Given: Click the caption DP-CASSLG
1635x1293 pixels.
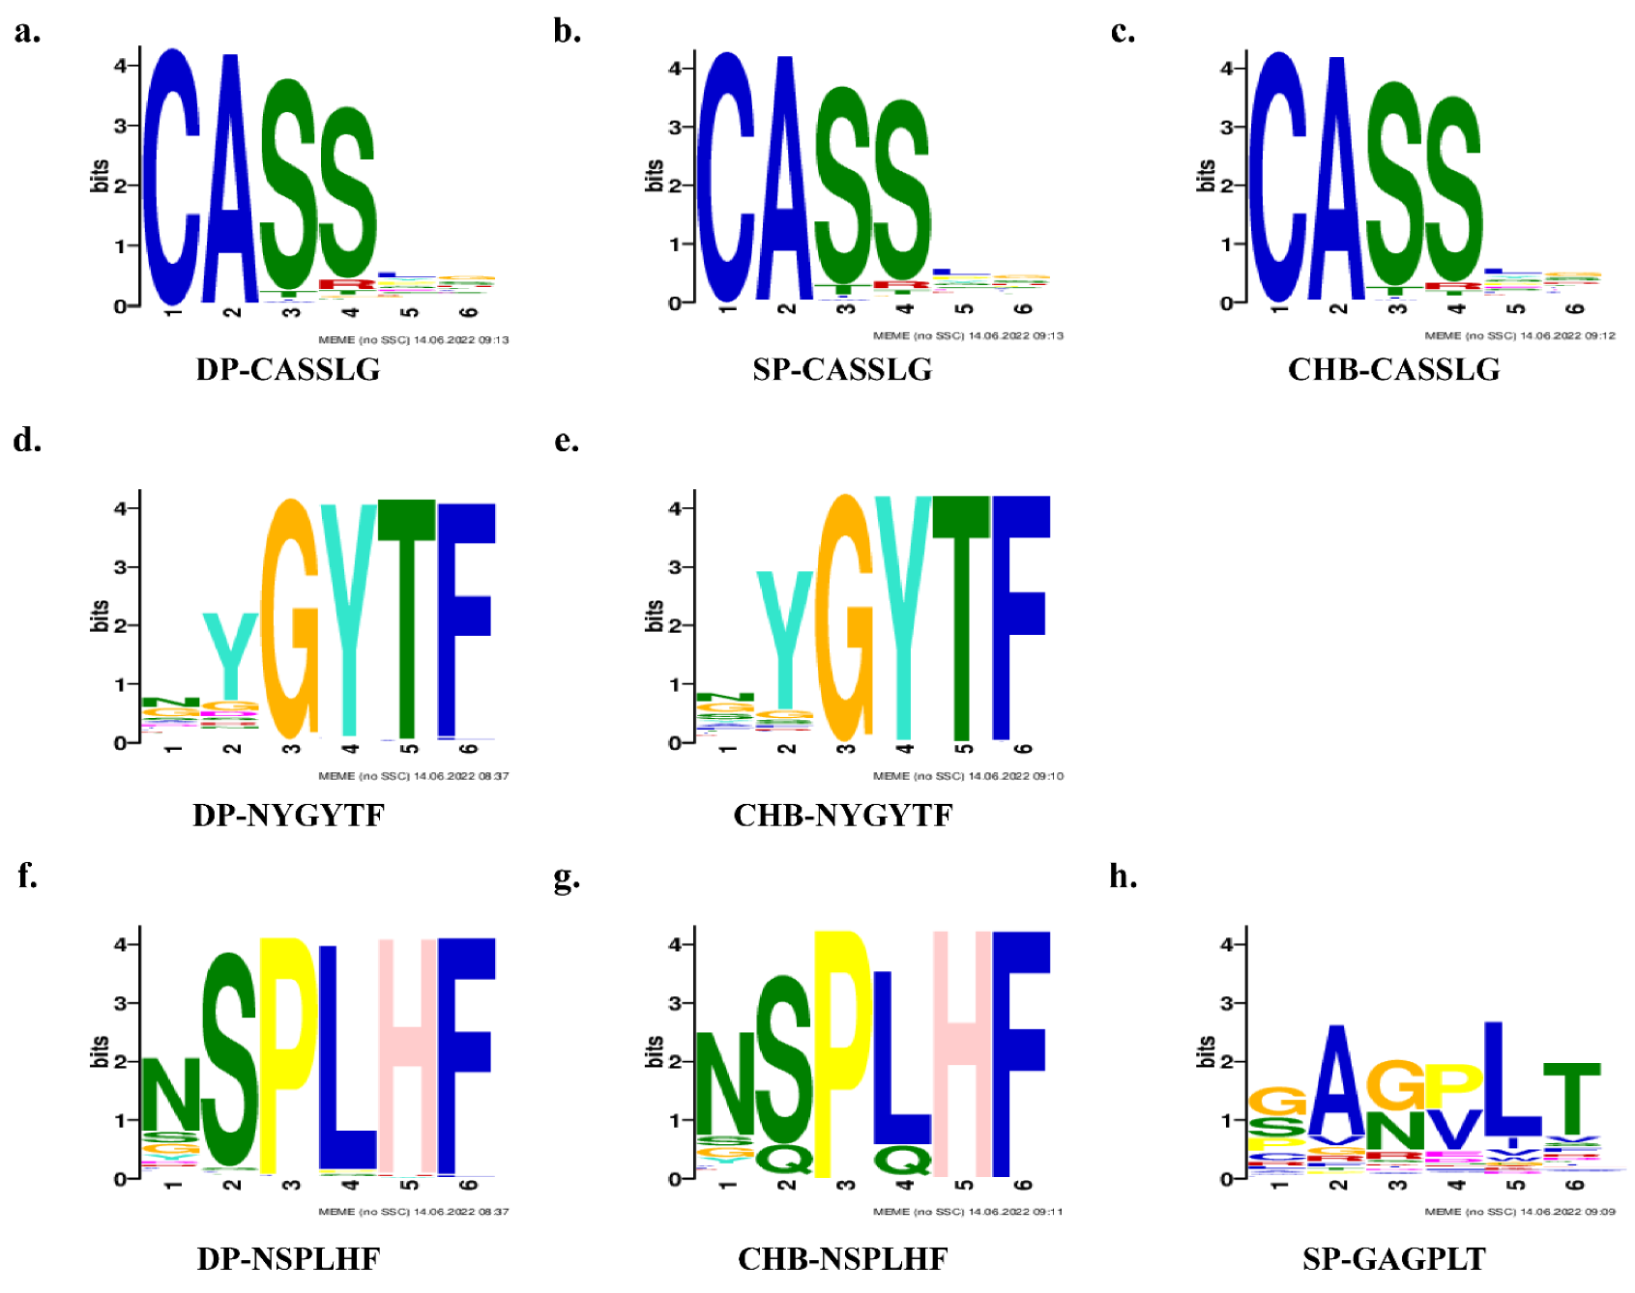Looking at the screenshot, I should (288, 369).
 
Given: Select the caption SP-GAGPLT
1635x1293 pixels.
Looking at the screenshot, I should (1393, 1258).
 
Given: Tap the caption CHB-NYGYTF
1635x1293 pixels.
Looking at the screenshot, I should (842, 815).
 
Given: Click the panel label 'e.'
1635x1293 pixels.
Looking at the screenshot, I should (567, 441).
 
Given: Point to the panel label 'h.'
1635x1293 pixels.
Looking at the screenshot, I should (1123, 876).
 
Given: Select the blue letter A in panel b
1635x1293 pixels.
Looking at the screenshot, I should (785, 184).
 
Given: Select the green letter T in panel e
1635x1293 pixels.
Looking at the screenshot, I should (961, 618).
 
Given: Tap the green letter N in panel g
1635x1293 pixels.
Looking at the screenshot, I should (724, 1082).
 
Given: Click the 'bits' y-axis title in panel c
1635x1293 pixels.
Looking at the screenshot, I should (1206, 176).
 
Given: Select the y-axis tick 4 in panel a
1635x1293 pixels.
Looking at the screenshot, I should (120, 66).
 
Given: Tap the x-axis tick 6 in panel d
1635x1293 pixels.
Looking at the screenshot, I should (469, 750).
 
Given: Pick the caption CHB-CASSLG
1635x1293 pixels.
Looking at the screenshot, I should (1393, 369).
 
